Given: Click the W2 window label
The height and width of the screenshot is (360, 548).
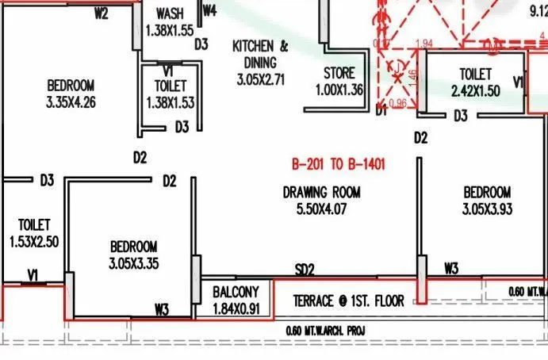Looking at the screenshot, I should tap(101, 13).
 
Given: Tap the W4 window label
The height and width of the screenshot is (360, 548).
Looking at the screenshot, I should tap(209, 10).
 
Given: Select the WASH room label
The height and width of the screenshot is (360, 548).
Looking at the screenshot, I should tap(171, 14).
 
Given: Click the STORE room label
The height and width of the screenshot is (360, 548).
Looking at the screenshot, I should tap(339, 74).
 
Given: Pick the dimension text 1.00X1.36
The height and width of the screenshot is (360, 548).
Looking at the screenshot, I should tap(339, 90).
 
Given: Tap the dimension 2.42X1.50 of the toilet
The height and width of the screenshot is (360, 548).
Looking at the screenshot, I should tap(475, 91).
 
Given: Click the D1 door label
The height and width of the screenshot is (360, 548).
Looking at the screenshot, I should tap(381, 112).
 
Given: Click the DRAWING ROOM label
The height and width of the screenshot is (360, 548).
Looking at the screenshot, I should tap(322, 192).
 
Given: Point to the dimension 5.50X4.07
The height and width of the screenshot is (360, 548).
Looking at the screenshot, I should tap(322, 209).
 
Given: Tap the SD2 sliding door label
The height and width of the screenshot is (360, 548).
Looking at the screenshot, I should tap(305, 270).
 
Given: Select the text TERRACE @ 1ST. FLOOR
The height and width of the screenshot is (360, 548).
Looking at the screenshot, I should tap(349, 301).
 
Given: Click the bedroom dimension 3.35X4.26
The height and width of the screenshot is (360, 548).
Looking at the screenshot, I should tap(71, 101).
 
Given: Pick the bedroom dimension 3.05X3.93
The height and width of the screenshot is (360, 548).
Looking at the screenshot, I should tap(487, 209).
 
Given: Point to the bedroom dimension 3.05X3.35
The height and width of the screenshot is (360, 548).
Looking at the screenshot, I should tap(133, 263).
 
